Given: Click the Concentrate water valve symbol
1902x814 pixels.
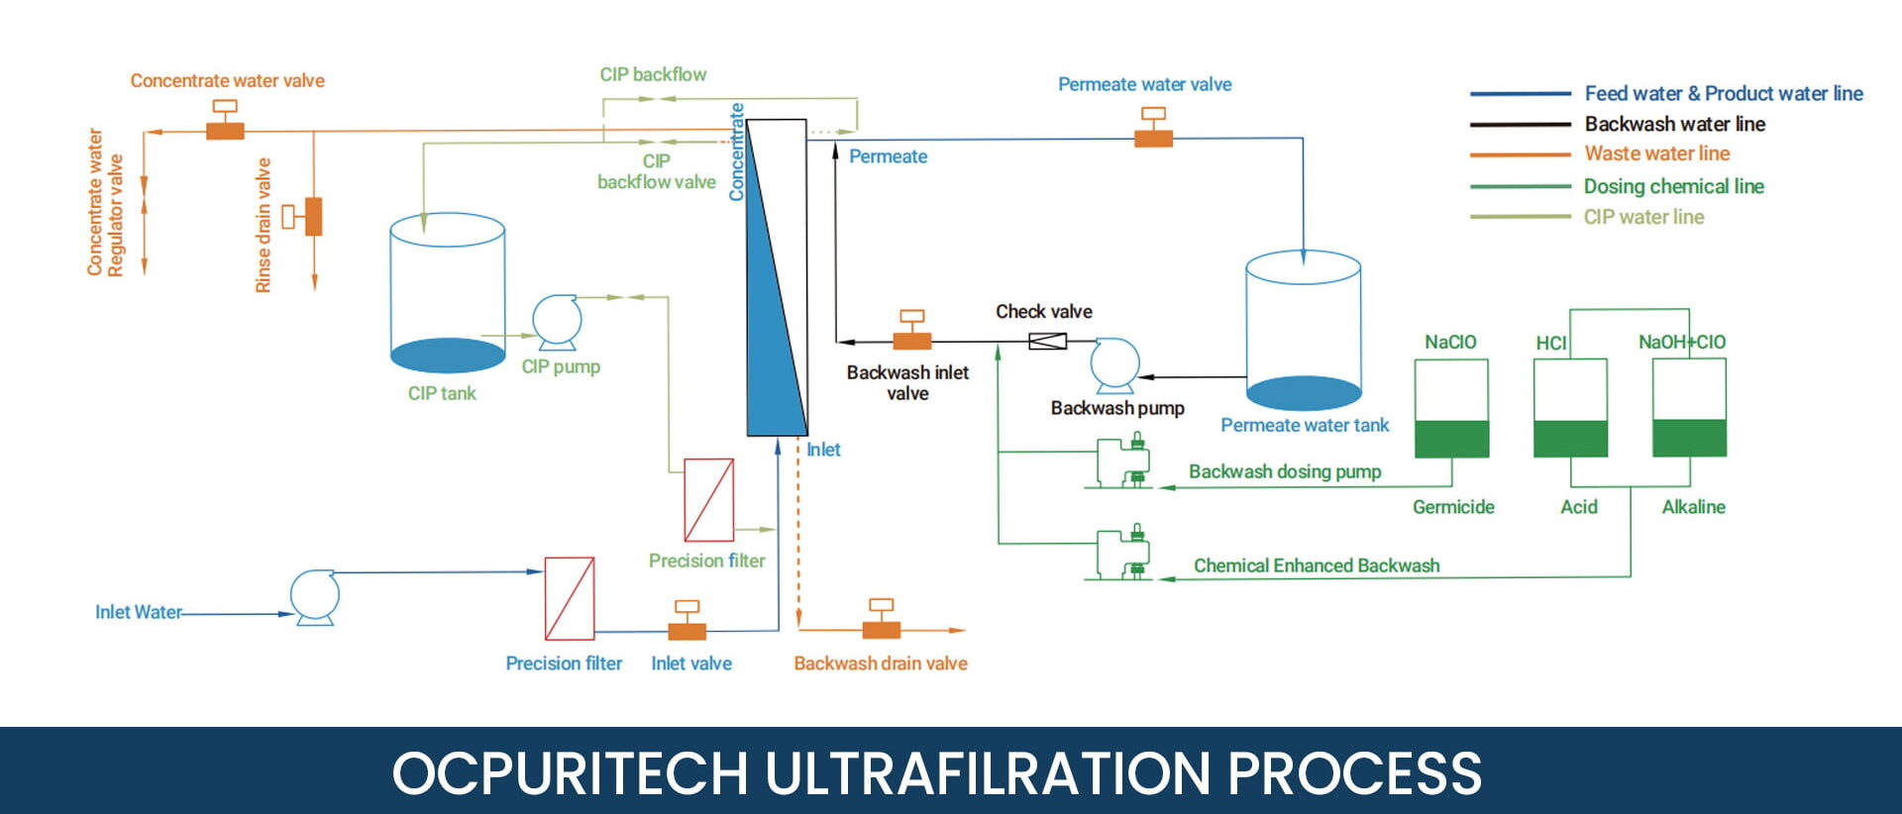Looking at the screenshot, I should [x=225, y=123].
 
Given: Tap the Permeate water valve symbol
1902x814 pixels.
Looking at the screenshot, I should [x=1153, y=131].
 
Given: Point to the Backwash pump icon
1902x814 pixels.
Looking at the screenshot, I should [x=1114, y=365].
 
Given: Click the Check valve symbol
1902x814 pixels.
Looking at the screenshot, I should [x=1047, y=342].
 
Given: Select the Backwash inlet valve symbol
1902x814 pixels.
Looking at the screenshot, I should [x=911, y=334].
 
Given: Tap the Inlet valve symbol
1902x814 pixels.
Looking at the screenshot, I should [x=687, y=623].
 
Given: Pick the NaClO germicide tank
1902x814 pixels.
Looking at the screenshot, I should [x=1451, y=408].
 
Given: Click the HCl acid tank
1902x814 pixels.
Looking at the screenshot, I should [x=1570, y=408].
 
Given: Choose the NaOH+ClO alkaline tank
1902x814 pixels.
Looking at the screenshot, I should [x=1689, y=408].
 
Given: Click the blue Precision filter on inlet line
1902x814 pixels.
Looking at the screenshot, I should [x=570, y=598].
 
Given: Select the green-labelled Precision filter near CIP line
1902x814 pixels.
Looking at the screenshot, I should [x=708, y=499].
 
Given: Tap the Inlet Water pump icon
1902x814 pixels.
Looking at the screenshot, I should [x=315, y=596].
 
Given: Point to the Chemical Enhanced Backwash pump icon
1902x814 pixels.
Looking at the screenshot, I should [x=1123, y=555].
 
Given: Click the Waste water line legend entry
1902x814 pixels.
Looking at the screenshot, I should [x=1656, y=153].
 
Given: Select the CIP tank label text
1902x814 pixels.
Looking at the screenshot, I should [x=442, y=393].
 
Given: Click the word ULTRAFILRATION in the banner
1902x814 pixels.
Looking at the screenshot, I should [x=988, y=773].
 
